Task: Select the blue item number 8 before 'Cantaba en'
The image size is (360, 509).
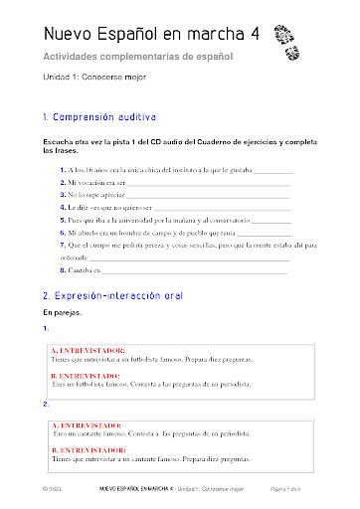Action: point(63,269)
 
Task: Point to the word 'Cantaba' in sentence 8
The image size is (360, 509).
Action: point(83,269)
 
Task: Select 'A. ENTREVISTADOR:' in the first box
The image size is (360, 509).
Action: point(88,350)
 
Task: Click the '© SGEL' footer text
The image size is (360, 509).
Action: point(39,490)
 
